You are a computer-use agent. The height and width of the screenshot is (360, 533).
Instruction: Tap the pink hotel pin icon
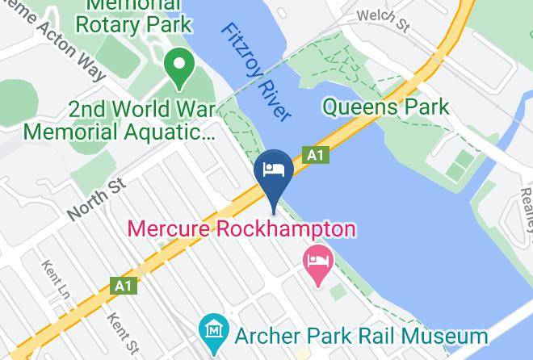[x=317, y=262]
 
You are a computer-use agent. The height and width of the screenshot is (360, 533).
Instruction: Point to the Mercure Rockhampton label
[x=241, y=229]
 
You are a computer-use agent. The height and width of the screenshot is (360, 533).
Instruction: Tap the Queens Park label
[x=385, y=106]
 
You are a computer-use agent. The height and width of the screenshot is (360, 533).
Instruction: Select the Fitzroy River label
[x=255, y=72]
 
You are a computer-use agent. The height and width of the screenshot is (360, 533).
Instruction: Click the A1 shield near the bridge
[x=316, y=155]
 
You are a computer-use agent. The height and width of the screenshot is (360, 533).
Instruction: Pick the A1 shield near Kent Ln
[x=123, y=286]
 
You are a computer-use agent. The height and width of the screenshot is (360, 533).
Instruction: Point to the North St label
[x=98, y=200]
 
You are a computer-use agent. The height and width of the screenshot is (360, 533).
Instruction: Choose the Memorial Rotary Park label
[x=132, y=14]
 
